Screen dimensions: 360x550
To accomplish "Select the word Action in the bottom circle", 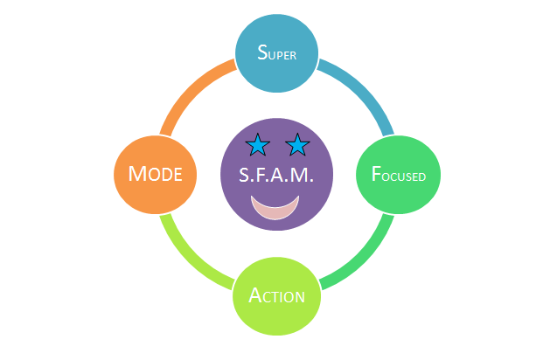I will click(x=277, y=295).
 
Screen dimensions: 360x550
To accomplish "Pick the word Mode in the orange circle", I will click(x=155, y=173).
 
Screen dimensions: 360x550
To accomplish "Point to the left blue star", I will click(x=257, y=144).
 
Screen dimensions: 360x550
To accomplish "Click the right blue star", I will click(x=298, y=144).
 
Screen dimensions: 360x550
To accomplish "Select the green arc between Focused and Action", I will click(x=359, y=253).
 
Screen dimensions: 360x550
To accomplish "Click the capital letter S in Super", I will click(x=262, y=52).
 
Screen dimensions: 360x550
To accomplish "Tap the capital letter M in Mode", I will click(x=136, y=173).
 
